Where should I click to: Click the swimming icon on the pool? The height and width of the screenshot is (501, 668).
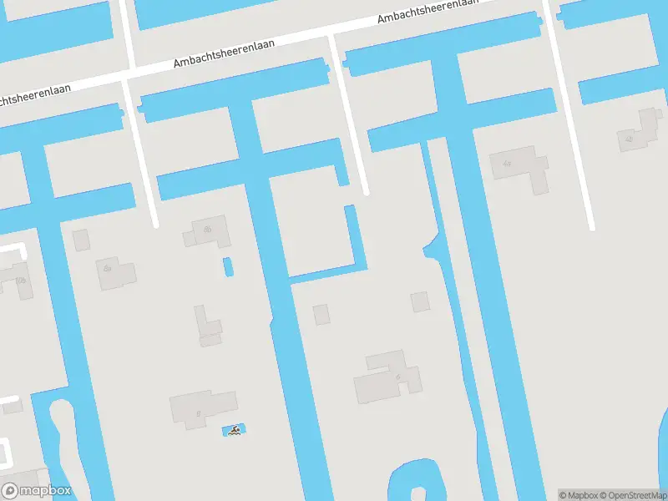(235, 431)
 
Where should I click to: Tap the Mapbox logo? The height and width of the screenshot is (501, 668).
(37, 491)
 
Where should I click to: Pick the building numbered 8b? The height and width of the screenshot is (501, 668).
(207, 231)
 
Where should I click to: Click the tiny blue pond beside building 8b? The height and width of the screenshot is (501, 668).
(227, 267)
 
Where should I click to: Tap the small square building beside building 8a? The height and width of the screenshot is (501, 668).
(81, 240)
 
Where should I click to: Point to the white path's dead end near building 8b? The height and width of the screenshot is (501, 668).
(155, 224)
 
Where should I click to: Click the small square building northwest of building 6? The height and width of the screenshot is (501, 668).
(321, 315)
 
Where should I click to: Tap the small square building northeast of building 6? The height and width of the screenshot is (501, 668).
(420, 301)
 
